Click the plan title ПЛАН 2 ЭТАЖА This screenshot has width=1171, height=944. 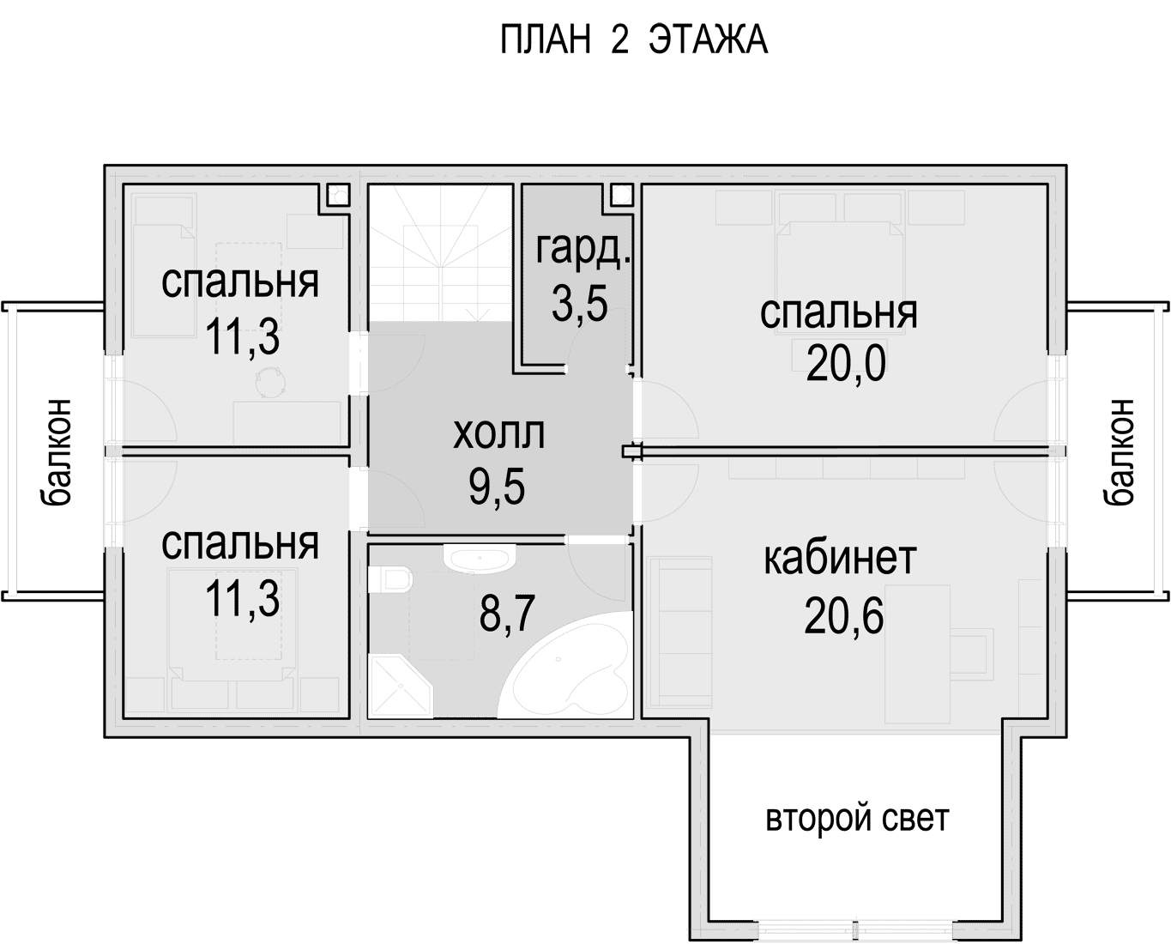pos(634,40)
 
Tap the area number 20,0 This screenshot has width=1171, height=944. pos(846,364)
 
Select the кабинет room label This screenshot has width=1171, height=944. pos(840,559)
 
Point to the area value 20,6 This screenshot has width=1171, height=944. pos(843,615)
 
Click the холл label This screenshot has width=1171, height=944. pos(498,434)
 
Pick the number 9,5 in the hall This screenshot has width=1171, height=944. pos(497,487)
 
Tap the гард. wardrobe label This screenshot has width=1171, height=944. pos(583,251)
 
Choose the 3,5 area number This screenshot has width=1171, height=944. pos(580,303)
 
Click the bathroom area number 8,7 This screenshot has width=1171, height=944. pos(507,614)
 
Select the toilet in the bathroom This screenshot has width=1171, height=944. pos(389,579)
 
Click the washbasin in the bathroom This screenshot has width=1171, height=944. pos(480,558)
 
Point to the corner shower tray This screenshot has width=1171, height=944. pos(399,687)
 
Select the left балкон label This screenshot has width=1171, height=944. pos(56,452)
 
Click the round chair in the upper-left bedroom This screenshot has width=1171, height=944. pos(270,380)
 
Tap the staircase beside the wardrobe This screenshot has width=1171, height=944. pos(441,253)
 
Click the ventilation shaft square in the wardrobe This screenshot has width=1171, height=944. pos(621,194)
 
